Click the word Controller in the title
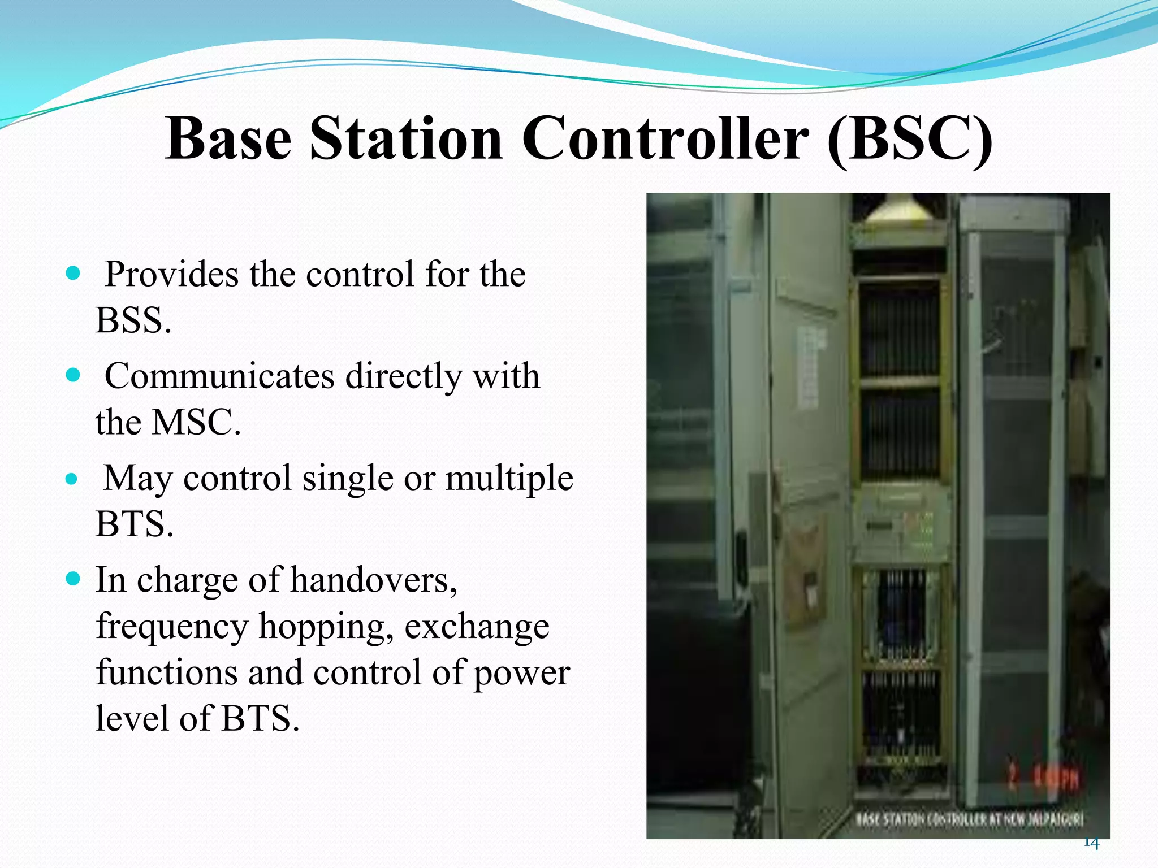[665, 139]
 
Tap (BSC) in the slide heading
[909, 139]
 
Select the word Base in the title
[227, 139]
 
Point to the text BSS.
[133, 320]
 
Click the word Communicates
[219, 376]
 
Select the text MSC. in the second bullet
[196, 422]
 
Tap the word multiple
[509, 478]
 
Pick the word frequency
[172, 626]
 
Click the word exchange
[476, 626]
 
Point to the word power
[521, 672]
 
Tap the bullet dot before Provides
[73, 274]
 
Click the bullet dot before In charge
[73, 579]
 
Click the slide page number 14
[1091, 843]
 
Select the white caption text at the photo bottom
[969, 819]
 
